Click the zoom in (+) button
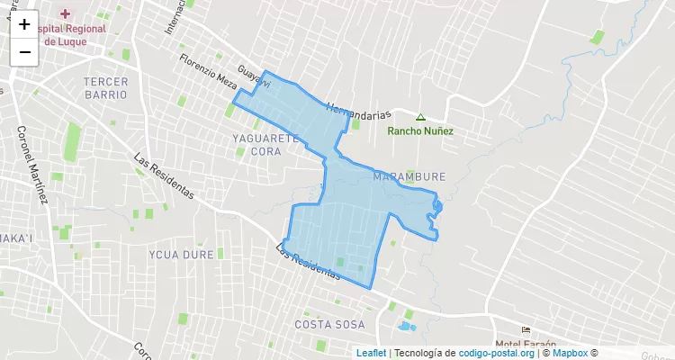coord(24,25)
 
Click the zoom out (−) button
coord(24,52)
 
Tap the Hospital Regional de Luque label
coord(72,34)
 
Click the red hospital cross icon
coord(65,14)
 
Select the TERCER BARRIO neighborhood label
coord(106,87)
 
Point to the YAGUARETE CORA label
coord(265,145)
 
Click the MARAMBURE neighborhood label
coord(408,176)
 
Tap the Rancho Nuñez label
coord(420,130)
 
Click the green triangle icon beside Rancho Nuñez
coord(420,117)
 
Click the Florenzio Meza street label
coord(208,70)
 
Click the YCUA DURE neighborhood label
coord(182,255)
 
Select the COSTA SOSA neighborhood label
coord(330,323)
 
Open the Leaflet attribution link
coord(371,353)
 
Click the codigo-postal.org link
coord(497,353)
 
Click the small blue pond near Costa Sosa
coord(406,325)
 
